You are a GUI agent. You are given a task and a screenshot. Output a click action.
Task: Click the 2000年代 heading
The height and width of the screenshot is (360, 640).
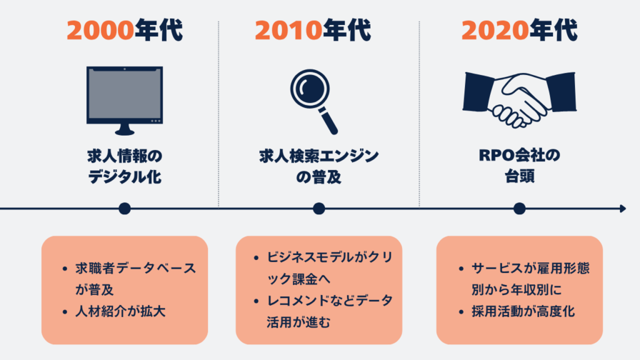124,29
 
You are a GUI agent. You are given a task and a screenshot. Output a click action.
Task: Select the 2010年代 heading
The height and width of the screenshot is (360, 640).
319,29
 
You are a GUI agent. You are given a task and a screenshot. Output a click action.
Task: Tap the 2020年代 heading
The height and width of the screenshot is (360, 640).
519,29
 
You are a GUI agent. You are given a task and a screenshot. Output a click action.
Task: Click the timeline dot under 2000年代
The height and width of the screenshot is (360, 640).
124,208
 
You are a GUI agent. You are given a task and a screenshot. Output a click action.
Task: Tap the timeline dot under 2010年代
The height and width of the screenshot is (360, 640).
319,208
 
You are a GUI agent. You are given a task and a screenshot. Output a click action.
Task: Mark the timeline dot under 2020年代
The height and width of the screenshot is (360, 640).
519,208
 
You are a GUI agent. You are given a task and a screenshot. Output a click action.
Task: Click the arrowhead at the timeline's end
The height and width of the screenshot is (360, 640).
622,208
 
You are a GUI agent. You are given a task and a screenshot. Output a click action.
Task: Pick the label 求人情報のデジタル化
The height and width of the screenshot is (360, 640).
124,166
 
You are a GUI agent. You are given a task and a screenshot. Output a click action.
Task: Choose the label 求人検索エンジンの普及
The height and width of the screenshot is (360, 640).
319,166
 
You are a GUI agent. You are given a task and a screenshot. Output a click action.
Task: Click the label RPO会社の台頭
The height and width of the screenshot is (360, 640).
519,166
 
